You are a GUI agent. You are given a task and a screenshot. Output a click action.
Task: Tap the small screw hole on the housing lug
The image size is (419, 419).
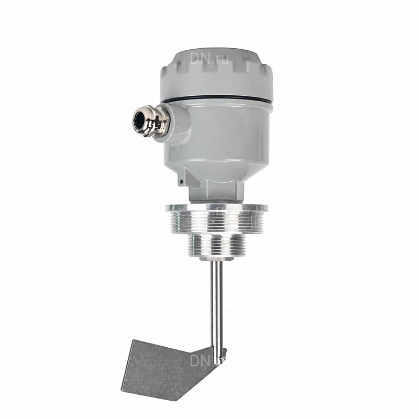181,182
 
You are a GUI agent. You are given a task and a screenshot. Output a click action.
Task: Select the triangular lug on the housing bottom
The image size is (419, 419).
189,177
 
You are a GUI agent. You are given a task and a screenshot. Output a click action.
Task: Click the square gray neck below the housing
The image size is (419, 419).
216,191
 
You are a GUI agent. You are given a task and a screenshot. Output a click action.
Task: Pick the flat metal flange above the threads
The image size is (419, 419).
217,207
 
